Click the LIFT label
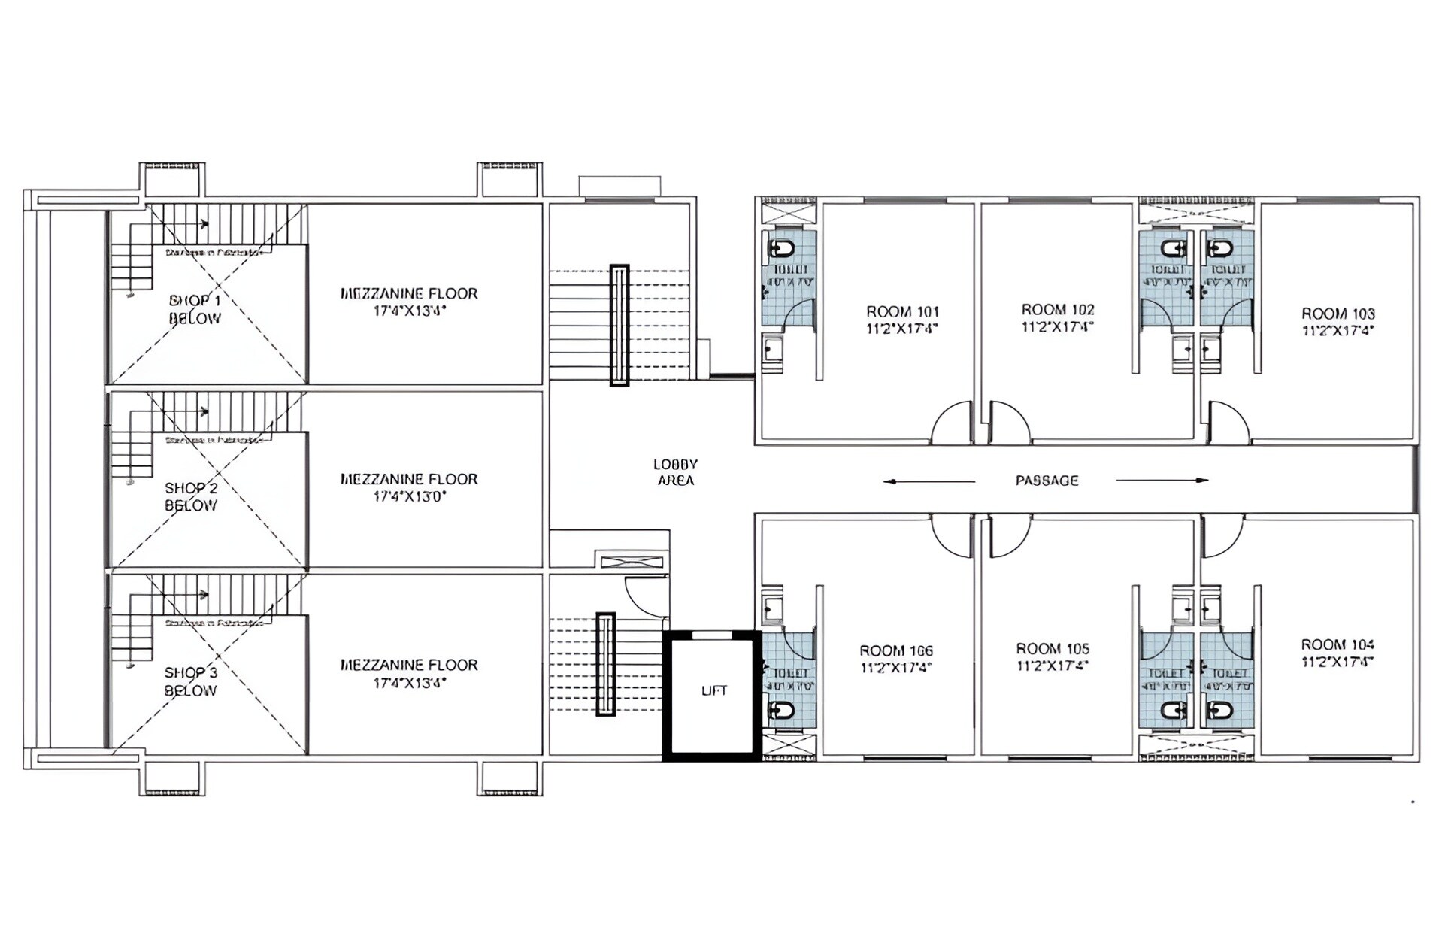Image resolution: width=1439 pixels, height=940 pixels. [x=713, y=690]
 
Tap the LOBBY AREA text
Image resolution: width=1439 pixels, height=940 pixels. [x=675, y=472]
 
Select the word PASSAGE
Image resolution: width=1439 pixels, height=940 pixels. [x=1047, y=481]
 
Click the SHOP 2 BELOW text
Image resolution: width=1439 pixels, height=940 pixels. [x=191, y=496]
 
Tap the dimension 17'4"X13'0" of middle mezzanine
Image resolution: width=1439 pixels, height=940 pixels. [x=410, y=496]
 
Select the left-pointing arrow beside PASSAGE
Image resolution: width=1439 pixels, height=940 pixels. [x=929, y=481]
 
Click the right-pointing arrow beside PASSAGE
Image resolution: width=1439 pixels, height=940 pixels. [x=1162, y=480]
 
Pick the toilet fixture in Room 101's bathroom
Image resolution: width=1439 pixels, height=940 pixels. [x=782, y=248]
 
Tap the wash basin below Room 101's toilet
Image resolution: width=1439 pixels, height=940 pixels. [x=772, y=350]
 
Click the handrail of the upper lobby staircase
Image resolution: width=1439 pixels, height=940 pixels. [x=619, y=325]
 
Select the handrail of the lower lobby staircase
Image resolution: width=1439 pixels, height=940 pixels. [x=605, y=664]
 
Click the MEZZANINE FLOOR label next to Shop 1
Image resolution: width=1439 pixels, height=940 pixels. [x=409, y=293]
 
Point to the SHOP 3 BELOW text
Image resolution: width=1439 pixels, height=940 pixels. [x=191, y=681]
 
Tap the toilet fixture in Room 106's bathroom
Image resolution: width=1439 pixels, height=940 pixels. [x=782, y=709]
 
